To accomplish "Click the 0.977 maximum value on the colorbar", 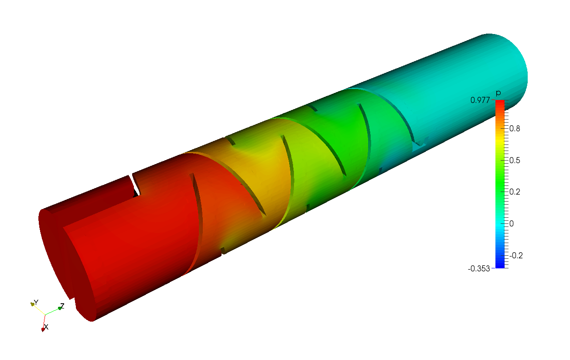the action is tap(480, 100).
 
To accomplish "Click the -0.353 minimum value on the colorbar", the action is tap(479, 269).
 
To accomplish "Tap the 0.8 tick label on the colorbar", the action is tap(515, 129).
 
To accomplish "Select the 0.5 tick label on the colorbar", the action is tap(515, 161).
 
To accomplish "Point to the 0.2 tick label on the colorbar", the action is tap(515, 192).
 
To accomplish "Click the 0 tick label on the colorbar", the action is tap(512, 223).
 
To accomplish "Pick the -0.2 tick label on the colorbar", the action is tap(516, 255).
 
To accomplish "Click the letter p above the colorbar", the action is tap(498, 93).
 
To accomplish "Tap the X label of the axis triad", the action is tap(46, 327).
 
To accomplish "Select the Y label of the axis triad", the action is tap(36, 302).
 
